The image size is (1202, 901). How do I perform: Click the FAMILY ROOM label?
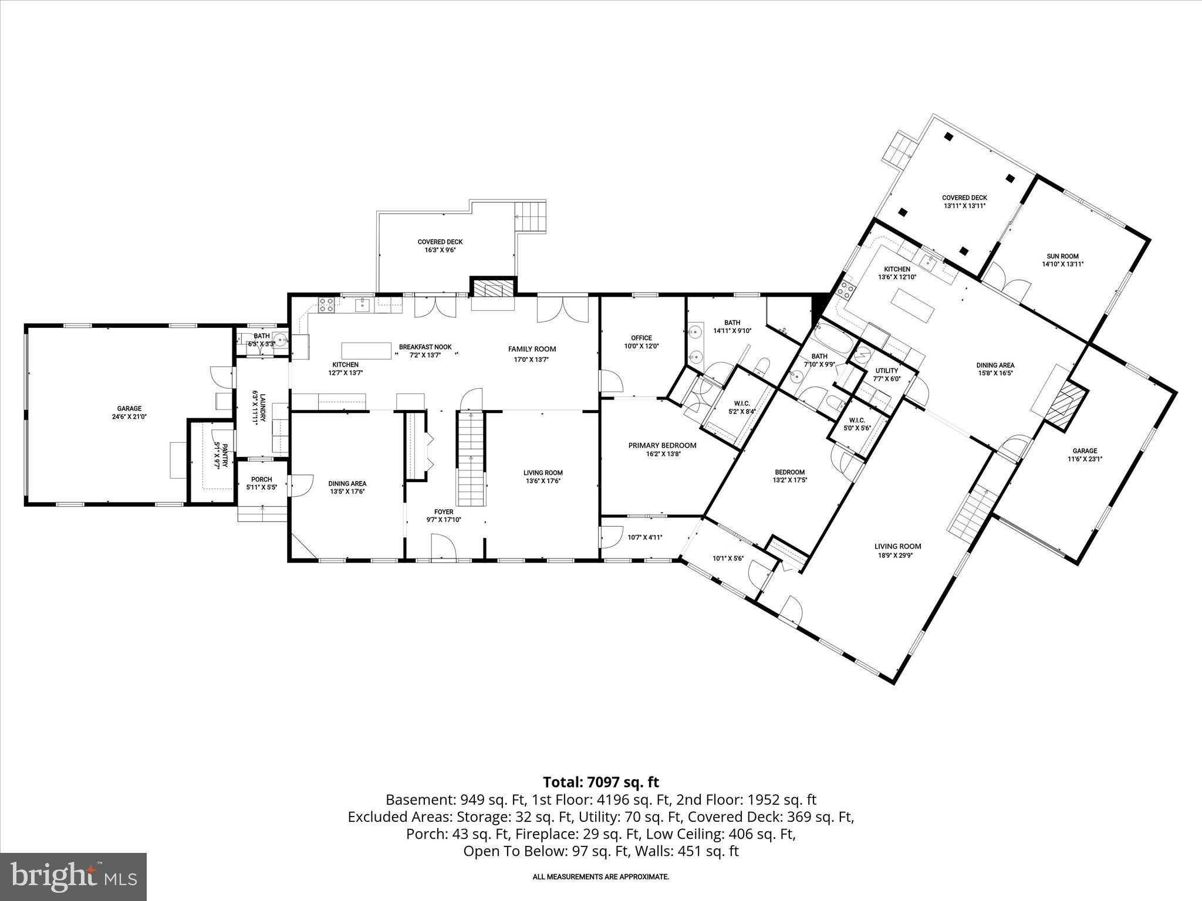(x=532, y=349)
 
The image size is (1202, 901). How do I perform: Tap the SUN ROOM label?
(x=1062, y=256)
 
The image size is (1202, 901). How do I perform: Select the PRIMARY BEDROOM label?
(x=662, y=445)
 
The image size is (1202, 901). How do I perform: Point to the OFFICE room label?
(x=641, y=338)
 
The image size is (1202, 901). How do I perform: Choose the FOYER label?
(x=443, y=512)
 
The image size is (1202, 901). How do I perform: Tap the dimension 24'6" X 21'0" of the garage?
(x=129, y=416)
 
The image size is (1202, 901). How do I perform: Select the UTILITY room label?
(x=886, y=371)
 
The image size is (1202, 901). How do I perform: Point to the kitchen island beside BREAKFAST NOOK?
(x=366, y=350)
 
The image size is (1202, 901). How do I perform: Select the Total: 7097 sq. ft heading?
(x=600, y=782)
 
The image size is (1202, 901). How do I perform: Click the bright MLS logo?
(x=73, y=876)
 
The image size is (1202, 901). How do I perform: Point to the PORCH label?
(x=261, y=479)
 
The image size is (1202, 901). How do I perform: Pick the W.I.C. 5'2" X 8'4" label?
(x=742, y=407)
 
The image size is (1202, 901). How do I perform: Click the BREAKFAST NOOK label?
(x=426, y=347)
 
